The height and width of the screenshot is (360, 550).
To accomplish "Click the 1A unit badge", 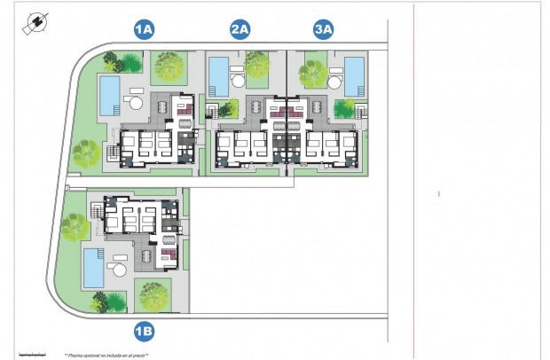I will pos(144,30).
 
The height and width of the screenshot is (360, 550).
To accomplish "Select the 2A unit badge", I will pos(240,30).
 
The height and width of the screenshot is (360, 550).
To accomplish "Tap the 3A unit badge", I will pos(324,30).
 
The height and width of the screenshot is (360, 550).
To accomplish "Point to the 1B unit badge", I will pos(144,333).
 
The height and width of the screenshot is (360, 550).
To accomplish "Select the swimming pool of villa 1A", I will pos(109,94).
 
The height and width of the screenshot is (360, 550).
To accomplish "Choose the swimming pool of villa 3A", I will pos(354,74).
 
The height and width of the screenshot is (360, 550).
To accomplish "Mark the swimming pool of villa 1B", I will pos(93,268).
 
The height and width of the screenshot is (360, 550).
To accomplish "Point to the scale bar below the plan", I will pos(32,354).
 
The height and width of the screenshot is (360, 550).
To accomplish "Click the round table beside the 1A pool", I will pos(136,102).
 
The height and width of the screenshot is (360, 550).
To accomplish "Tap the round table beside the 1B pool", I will pos(119,259).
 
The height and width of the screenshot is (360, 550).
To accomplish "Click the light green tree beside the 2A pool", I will pos(257,64).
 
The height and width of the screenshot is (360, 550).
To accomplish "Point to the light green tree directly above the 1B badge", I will pos(153,294).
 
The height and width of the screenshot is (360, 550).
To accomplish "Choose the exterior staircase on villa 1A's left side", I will pos(110,155).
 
